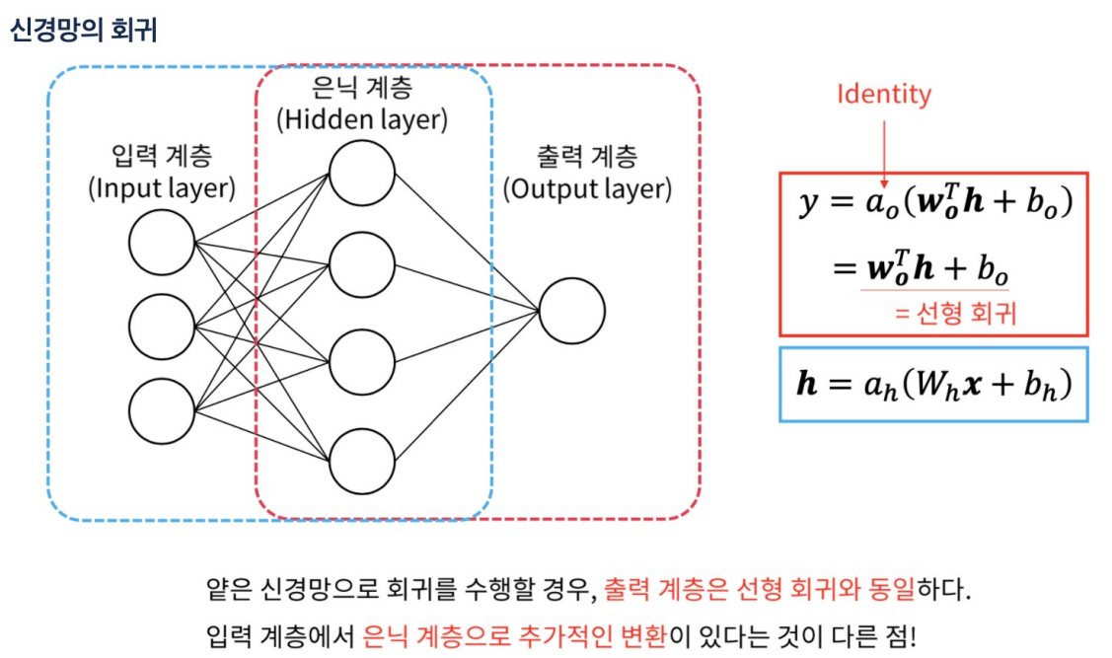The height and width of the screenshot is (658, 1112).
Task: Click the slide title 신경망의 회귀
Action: [83, 30]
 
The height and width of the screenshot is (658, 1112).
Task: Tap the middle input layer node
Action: [162, 327]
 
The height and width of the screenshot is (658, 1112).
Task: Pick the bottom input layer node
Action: [162, 409]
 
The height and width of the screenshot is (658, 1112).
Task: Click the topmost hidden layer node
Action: [362, 173]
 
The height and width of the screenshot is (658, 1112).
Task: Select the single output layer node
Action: [572, 312]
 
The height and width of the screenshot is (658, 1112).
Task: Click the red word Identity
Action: [883, 95]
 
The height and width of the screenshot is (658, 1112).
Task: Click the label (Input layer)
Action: [162, 187]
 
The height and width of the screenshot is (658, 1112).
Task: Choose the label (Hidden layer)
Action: [362, 120]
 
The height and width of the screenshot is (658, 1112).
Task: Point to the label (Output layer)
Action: [587, 188]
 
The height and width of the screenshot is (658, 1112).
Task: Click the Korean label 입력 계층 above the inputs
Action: [162, 156]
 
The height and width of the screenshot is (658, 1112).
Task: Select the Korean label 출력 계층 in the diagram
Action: [587, 156]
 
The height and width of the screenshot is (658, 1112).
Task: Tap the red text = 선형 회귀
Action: [955, 314]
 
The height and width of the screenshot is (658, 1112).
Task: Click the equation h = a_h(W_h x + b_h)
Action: [932, 384]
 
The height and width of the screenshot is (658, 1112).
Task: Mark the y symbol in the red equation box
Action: [809, 203]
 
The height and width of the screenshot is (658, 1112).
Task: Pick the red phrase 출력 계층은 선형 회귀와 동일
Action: [760, 591]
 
